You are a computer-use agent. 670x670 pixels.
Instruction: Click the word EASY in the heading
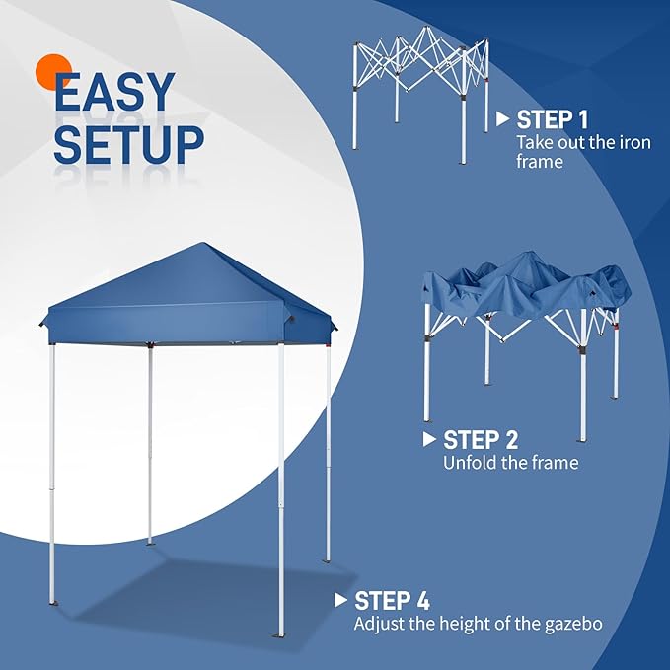tap(114, 92)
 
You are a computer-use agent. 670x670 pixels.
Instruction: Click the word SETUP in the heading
tap(128, 144)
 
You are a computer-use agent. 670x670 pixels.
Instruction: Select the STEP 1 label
tap(552, 119)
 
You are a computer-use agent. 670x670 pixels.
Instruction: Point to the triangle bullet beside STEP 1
tap(503, 119)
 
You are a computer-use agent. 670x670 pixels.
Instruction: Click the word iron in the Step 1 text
tap(634, 143)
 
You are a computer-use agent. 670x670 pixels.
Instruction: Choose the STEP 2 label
tap(481, 440)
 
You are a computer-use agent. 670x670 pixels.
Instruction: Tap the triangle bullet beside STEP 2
tap(429, 439)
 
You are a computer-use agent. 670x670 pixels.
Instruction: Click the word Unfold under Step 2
tap(468, 463)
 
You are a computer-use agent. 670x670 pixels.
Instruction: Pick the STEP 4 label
tap(392, 601)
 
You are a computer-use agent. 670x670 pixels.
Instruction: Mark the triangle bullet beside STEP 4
tap(340, 600)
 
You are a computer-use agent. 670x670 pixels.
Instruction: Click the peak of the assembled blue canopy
tap(204, 243)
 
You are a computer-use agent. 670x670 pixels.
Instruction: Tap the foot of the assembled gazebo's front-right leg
tap(281, 635)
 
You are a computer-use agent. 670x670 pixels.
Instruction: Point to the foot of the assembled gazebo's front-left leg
tap(52, 603)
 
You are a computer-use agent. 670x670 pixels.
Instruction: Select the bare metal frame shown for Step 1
tap(420, 93)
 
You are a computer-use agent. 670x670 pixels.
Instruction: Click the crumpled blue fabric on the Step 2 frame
tap(526, 286)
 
